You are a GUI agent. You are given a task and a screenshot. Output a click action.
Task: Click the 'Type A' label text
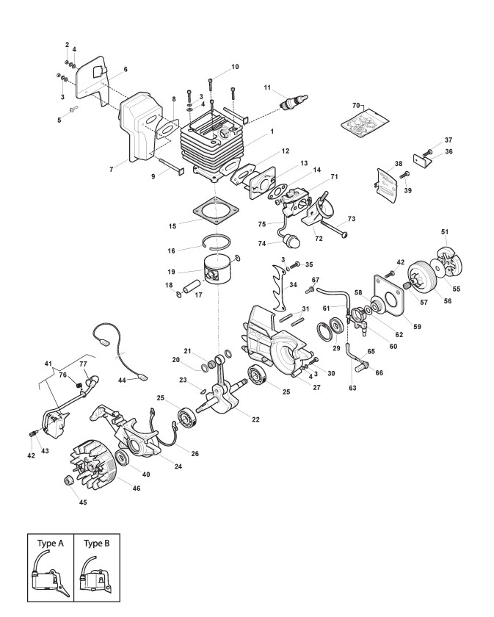(x=51, y=544)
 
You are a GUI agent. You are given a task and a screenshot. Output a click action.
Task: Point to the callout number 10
(x=235, y=67)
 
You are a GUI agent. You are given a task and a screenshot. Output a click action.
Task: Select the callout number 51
(x=445, y=232)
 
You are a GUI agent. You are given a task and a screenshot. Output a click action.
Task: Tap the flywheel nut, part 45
(x=70, y=481)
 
